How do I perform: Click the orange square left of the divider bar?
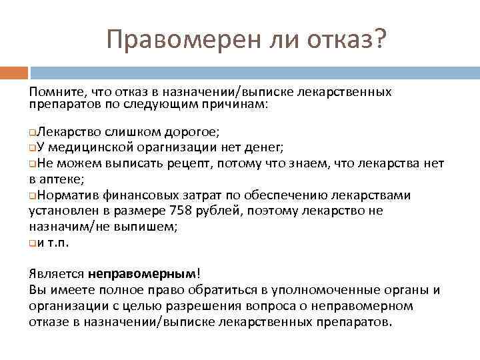(13, 71)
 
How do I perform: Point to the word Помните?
(55, 91)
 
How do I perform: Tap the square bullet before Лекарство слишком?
(33, 131)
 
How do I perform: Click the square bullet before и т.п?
(33, 243)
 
